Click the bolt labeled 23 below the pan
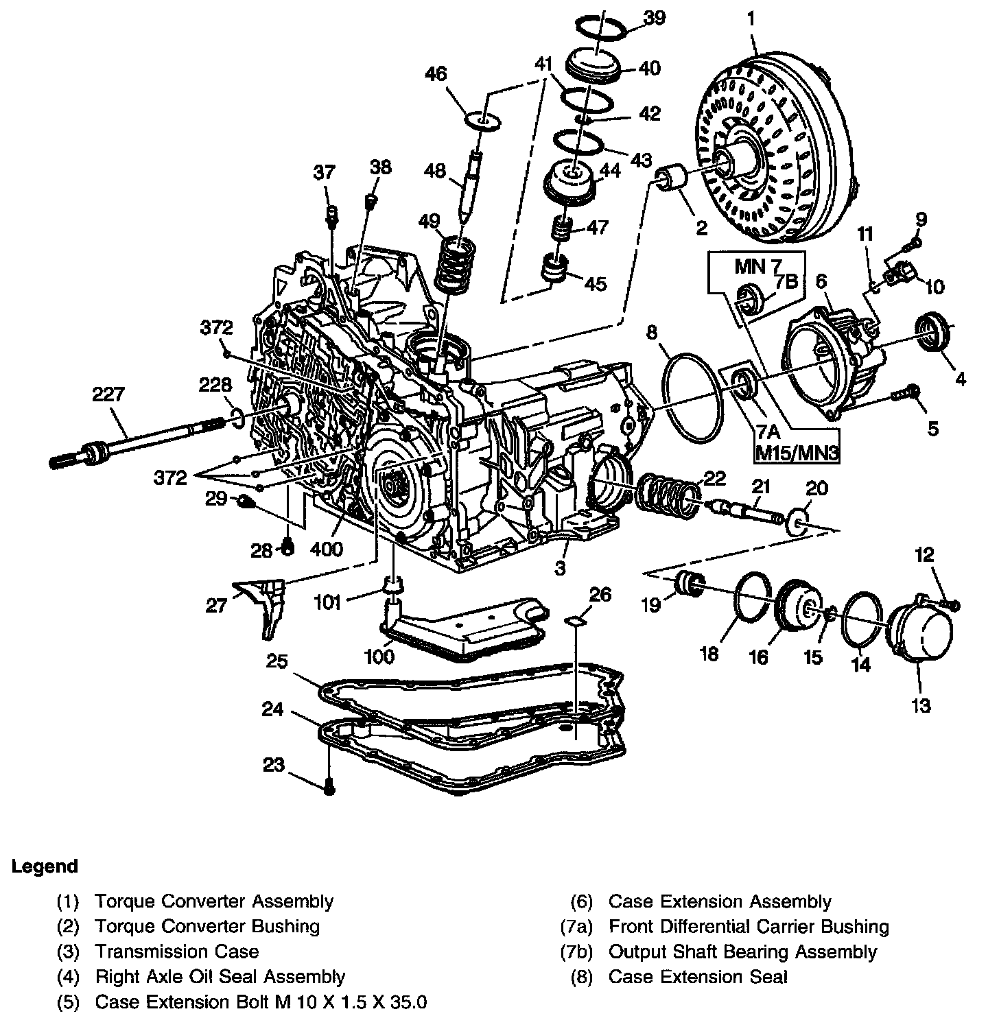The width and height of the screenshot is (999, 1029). click(x=329, y=790)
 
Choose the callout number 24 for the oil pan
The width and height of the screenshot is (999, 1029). click(x=273, y=709)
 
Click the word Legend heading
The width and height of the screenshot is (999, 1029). click(x=45, y=866)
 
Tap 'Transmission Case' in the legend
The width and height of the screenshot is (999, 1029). click(x=177, y=951)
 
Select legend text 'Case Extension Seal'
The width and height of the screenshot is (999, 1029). click(x=698, y=976)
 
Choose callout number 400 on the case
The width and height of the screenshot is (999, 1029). click(x=327, y=549)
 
